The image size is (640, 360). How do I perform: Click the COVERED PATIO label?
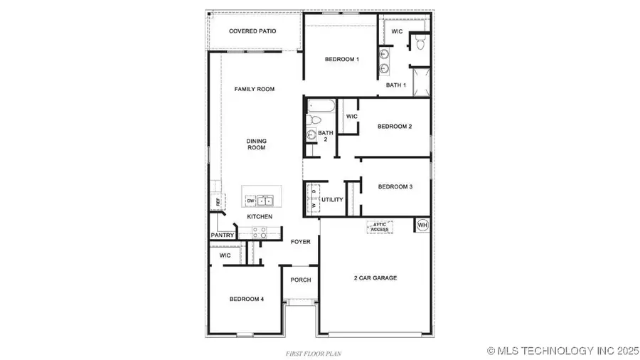[x=252, y=31]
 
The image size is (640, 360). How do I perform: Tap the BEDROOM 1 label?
[x=341, y=59]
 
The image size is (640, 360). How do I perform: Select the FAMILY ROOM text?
[x=255, y=89]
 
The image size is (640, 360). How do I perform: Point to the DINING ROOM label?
[x=256, y=144]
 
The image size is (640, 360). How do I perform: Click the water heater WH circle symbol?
[x=422, y=225]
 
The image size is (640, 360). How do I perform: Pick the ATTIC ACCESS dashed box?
[x=380, y=226]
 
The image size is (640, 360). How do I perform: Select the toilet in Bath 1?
[x=420, y=44]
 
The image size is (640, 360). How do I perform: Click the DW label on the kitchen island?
[x=250, y=201]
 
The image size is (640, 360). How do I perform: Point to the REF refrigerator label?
[x=218, y=202]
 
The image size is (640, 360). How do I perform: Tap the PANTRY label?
[x=222, y=235]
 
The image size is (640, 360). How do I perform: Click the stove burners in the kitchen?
[x=260, y=232]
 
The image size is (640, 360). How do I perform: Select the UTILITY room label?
[x=332, y=201]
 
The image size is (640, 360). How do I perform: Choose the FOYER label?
[x=301, y=242]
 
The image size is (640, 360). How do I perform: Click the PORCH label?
[x=301, y=280]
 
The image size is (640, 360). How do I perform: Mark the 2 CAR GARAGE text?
[x=375, y=277]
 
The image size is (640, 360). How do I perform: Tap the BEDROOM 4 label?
[x=246, y=300]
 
